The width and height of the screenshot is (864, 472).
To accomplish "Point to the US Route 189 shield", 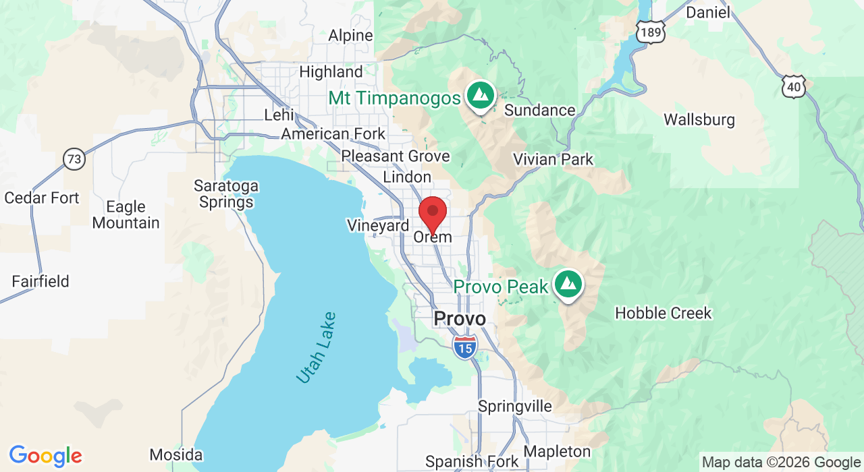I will tap(650, 32).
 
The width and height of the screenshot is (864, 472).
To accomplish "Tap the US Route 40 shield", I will tap(794, 86).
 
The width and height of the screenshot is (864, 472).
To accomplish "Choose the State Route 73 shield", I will tap(74, 159).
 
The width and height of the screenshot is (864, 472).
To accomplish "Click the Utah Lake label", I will tap(316, 348).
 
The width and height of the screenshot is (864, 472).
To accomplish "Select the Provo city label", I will tap(460, 318).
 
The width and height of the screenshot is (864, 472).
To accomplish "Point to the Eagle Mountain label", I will tap(126, 214).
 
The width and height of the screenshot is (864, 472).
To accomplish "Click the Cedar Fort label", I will tap(42, 198).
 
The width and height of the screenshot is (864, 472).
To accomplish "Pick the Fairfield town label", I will tap(40, 281).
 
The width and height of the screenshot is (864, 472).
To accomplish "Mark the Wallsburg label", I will tap(699, 120).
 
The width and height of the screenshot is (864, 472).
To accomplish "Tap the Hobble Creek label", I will tap(664, 314).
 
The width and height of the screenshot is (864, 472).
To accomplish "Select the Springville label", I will tap(515, 406).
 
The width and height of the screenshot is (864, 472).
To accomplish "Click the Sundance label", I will tap(540, 110).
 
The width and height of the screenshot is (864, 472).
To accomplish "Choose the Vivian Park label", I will tap(553, 160).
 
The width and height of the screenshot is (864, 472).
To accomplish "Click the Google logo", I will tap(45, 456).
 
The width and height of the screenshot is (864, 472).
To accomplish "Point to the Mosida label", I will tap(175, 454).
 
